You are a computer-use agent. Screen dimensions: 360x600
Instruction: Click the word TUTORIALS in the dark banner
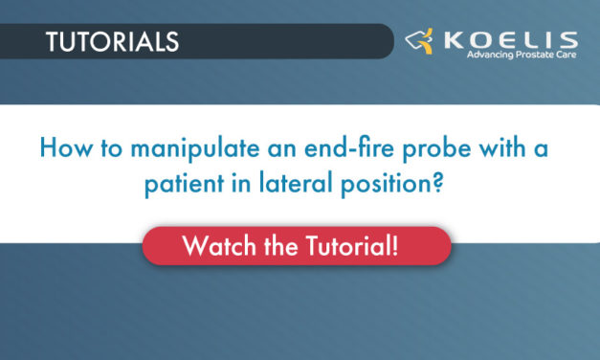point(112,42)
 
